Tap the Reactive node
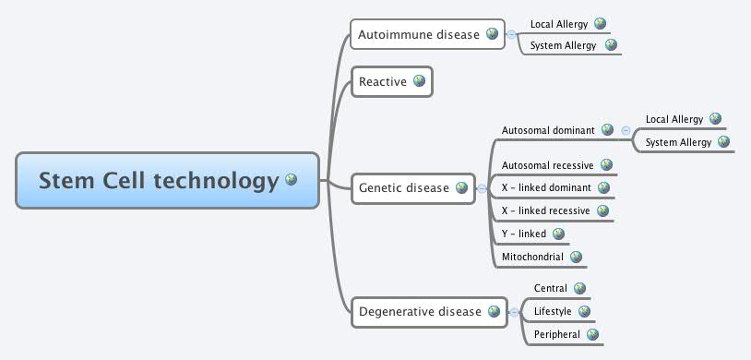pos(383,82)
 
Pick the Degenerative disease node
pos(420,312)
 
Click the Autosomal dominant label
pos(548,130)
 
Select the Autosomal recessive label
pos(547,165)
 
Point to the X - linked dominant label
pos(546,188)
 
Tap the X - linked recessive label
pos(545,211)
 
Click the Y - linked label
pos(524,234)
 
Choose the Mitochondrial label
pos(532,258)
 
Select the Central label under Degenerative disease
pos(551,289)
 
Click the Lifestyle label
pos(553,312)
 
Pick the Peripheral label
pos(557,334)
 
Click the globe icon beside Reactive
pos(419,81)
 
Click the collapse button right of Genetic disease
pos(482,188)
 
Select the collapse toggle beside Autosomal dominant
pos(626,131)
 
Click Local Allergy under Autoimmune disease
pos(559,24)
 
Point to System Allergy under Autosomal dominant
pos(679,142)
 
